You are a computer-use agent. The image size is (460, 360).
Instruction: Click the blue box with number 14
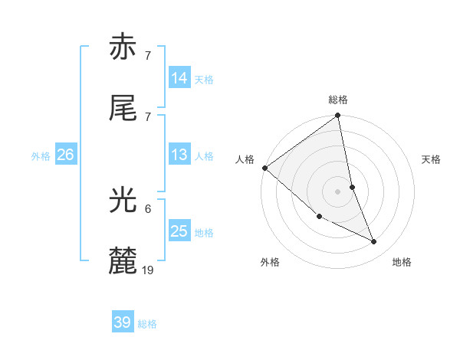pyautogui.click(x=179, y=78)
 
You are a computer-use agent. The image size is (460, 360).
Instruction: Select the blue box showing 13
pyautogui.click(x=179, y=155)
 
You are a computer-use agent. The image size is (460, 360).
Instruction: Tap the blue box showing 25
pyautogui.click(x=179, y=231)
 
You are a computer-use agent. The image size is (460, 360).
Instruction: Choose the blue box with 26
pyautogui.click(x=65, y=155)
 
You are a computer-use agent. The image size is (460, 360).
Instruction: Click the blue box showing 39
pyautogui.click(x=123, y=322)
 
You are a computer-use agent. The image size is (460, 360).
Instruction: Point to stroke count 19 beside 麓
pyautogui.click(x=148, y=270)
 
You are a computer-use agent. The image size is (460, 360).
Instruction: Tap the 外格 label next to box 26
pyautogui.click(x=41, y=156)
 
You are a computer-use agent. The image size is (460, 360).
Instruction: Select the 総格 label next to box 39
pyautogui.click(x=147, y=324)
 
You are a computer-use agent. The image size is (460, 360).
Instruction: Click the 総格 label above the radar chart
pyautogui.click(x=338, y=100)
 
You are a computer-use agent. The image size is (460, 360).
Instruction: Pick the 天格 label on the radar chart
pyautogui.click(x=432, y=159)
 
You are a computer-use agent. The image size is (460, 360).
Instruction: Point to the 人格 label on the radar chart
pyautogui.click(x=245, y=159)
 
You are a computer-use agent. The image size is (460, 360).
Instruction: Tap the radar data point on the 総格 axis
pyautogui.click(x=338, y=116)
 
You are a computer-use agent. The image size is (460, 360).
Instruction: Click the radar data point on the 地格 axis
pyautogui.click(x=374, y=241)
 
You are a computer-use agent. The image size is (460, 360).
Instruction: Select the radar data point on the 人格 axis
pyautogui.click(x=265, y=168)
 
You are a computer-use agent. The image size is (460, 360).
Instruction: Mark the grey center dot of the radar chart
pyautogui.click(x=338, y=191)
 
